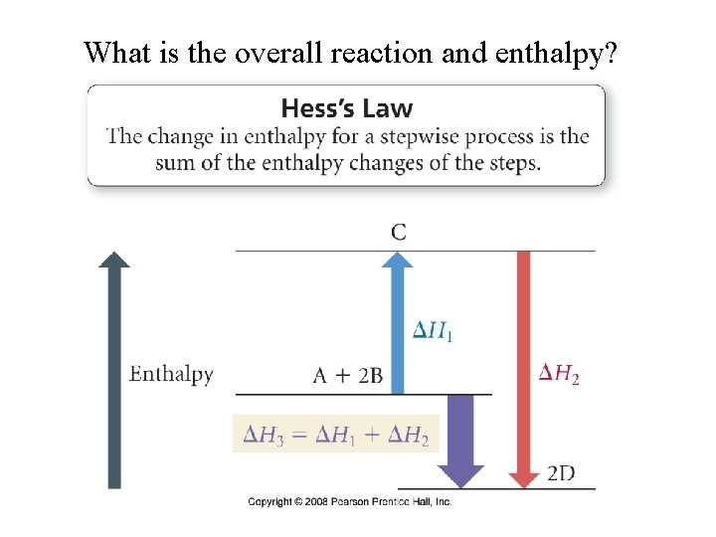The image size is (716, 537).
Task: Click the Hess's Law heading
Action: coord(346,107)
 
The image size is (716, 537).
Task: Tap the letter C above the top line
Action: coord(398,233)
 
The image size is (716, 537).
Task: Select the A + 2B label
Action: coord(347,375)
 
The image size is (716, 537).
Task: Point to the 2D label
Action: coord(561,473)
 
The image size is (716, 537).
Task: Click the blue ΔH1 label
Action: coord(434,330)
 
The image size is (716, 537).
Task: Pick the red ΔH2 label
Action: coord(559,373)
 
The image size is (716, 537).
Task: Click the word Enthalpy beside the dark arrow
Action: coord(172,374)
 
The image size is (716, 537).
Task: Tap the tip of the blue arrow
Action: coord(398,258)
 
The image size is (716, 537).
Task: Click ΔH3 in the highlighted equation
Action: coord(264,435)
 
